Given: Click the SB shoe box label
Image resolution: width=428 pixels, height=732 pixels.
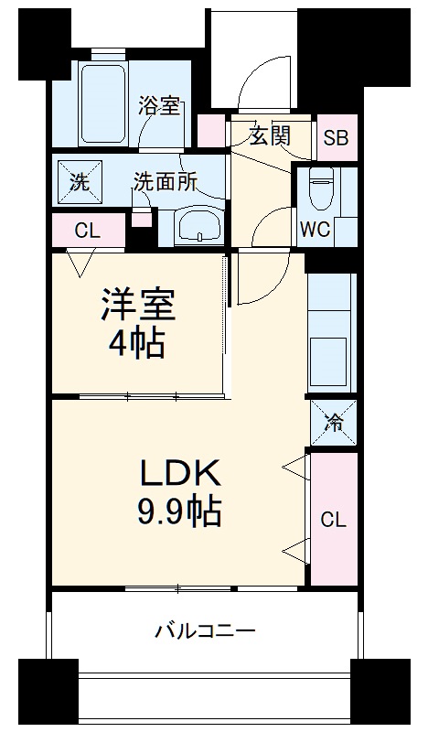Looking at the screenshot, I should coord(335,138).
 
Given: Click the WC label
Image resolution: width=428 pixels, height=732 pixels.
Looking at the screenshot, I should coord(315,229).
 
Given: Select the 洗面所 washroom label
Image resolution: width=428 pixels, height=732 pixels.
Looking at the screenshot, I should coord(166,181).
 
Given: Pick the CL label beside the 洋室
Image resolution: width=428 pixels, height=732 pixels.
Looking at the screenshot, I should coord(87,231).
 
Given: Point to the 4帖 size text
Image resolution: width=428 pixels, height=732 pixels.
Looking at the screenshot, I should coord(137,344).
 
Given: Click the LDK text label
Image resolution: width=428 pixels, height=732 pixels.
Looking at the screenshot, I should coord(180,473).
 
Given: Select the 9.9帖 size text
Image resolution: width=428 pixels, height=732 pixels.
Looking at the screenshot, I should coord(180,512).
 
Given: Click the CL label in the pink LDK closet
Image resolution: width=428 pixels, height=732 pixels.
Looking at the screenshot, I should coord(333,520).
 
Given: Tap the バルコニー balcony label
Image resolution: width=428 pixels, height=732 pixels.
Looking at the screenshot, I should coord(205,630).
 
